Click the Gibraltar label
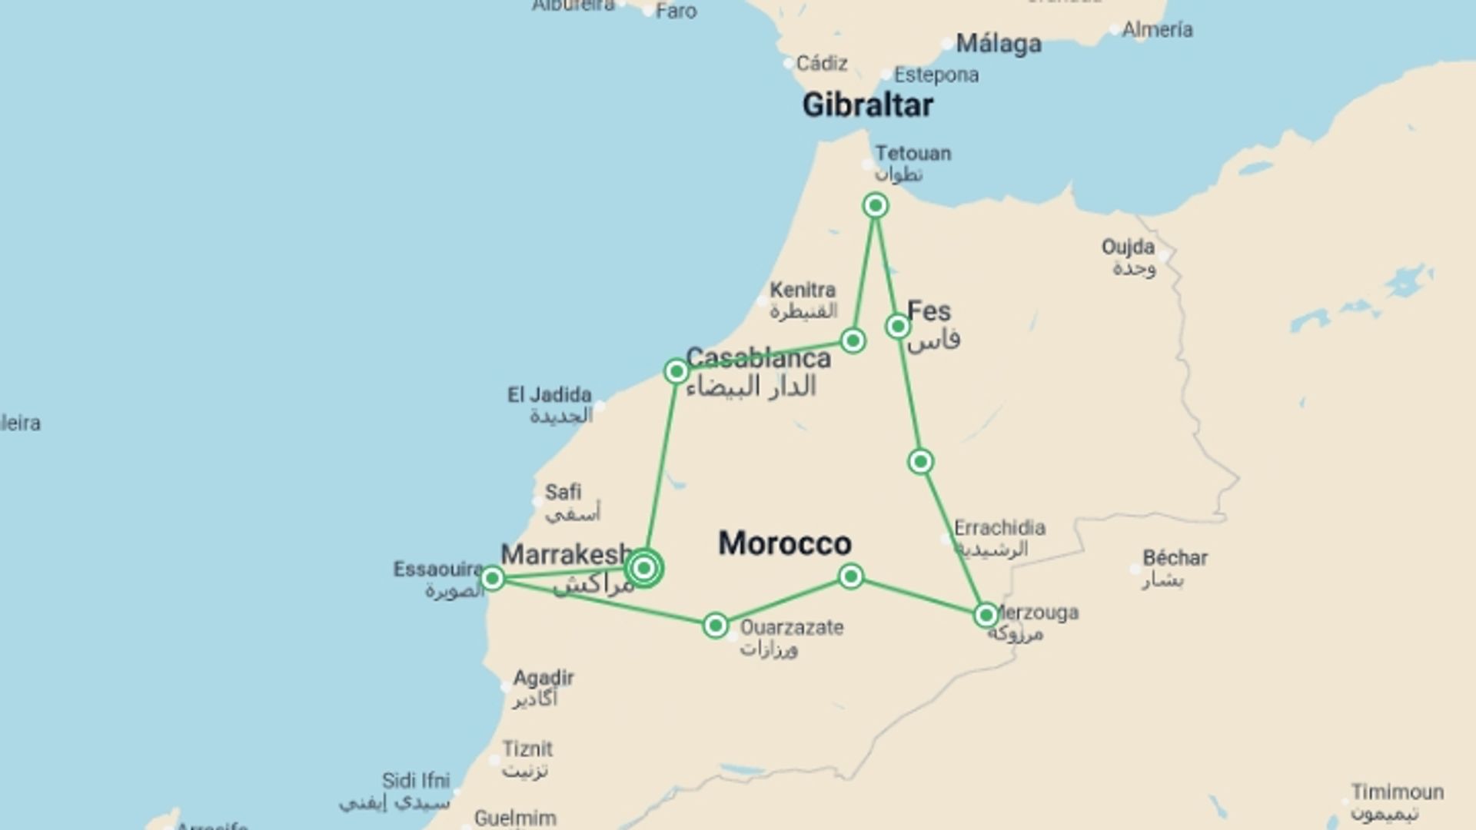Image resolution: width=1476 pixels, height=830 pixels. pyautogui.click(x=867, y=105)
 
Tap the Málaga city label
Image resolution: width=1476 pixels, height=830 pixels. pyautogui.click(x=998, y=44)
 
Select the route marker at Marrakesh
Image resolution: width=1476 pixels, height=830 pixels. pyautogui.click(x=644, y=569)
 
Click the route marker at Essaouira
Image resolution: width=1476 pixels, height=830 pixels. pyautogui.click(x=492, y=578)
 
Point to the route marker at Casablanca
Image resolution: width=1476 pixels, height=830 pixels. pyautogui.click(x=676, y=372)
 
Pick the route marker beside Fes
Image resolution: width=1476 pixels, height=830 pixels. pyautogui.click(x=897, y=327)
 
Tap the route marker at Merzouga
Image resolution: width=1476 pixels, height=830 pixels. pyautogui.click(x=986, y=616)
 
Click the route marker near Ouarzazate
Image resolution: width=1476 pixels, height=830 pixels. pyautogui.click(x=715, y=626)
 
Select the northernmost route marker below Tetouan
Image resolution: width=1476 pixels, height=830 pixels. pyautogui.click(x=875, y=205)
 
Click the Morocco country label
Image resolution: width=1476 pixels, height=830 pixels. pyautogui.click(x=784, y=543)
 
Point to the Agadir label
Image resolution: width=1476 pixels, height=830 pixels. pyautogui.click(x=544, y=679)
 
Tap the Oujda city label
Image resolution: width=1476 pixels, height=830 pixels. pyautogui.click(x=1128, y=247)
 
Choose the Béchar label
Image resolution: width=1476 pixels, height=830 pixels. pyautogui.click(x=1175, y=558)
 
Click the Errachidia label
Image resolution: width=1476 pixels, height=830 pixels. pyautogui.click(x=999, y=528)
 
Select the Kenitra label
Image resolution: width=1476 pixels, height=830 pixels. pyautogui.click(x=803, y=290)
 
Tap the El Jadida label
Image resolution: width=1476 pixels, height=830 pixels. pyautogui.click(x=549, y=395)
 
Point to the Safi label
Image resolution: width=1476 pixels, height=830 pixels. pyautogui.click(x=563, y=492)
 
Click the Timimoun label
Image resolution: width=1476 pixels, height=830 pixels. pyautogui.click(x=1397, y=792)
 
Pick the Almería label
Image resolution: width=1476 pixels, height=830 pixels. pyautogui.click(x=1157, y=30)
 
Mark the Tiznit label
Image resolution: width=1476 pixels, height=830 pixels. pyautogui.click(x=527, y=749)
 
